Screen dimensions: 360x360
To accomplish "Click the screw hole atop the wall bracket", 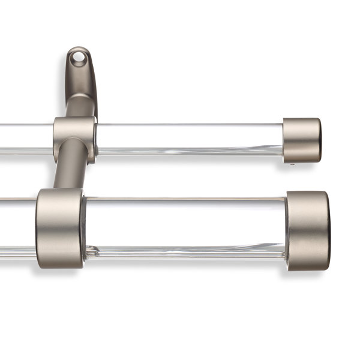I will [77, 58].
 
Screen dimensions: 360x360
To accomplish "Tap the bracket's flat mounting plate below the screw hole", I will [82, 81].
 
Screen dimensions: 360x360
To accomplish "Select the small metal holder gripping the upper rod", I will [74, 137].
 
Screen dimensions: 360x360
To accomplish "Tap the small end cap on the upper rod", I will [300, 140].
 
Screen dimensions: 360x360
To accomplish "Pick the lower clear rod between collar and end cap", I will [186, 228].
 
